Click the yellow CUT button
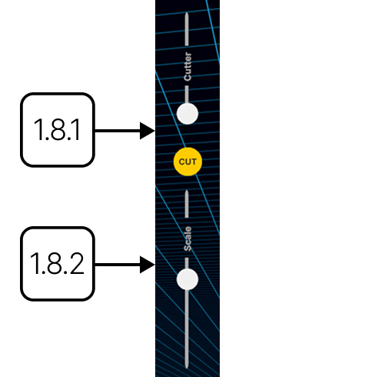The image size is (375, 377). click(187, 162)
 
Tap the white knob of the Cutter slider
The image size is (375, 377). click(187, 114)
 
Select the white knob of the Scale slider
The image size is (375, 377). click(187, 279)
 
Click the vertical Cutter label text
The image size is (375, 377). click(187, 66)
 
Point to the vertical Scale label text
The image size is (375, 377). click(187, 239)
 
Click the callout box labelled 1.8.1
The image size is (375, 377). click(58, 130)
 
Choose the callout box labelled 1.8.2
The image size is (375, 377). click(58, 264)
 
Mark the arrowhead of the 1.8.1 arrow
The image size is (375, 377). click(147, 131)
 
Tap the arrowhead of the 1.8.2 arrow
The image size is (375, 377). click(147, 265)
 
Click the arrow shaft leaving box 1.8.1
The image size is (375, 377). click(118, 131)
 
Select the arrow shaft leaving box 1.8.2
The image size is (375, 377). click(118, 265)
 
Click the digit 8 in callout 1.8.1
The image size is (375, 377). click(58, 130)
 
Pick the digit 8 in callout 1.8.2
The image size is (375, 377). click(55, 263)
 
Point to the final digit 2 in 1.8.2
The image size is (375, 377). click(76, 263)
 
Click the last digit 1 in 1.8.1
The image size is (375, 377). click(75, 130)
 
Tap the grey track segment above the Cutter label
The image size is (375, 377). click(187, 29)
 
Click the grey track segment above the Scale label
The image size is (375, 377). click(187, 204)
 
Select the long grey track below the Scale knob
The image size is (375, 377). click(187, 329)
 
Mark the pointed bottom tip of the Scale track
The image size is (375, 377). click(187, 369)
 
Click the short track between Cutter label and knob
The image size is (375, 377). click(187, 95)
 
